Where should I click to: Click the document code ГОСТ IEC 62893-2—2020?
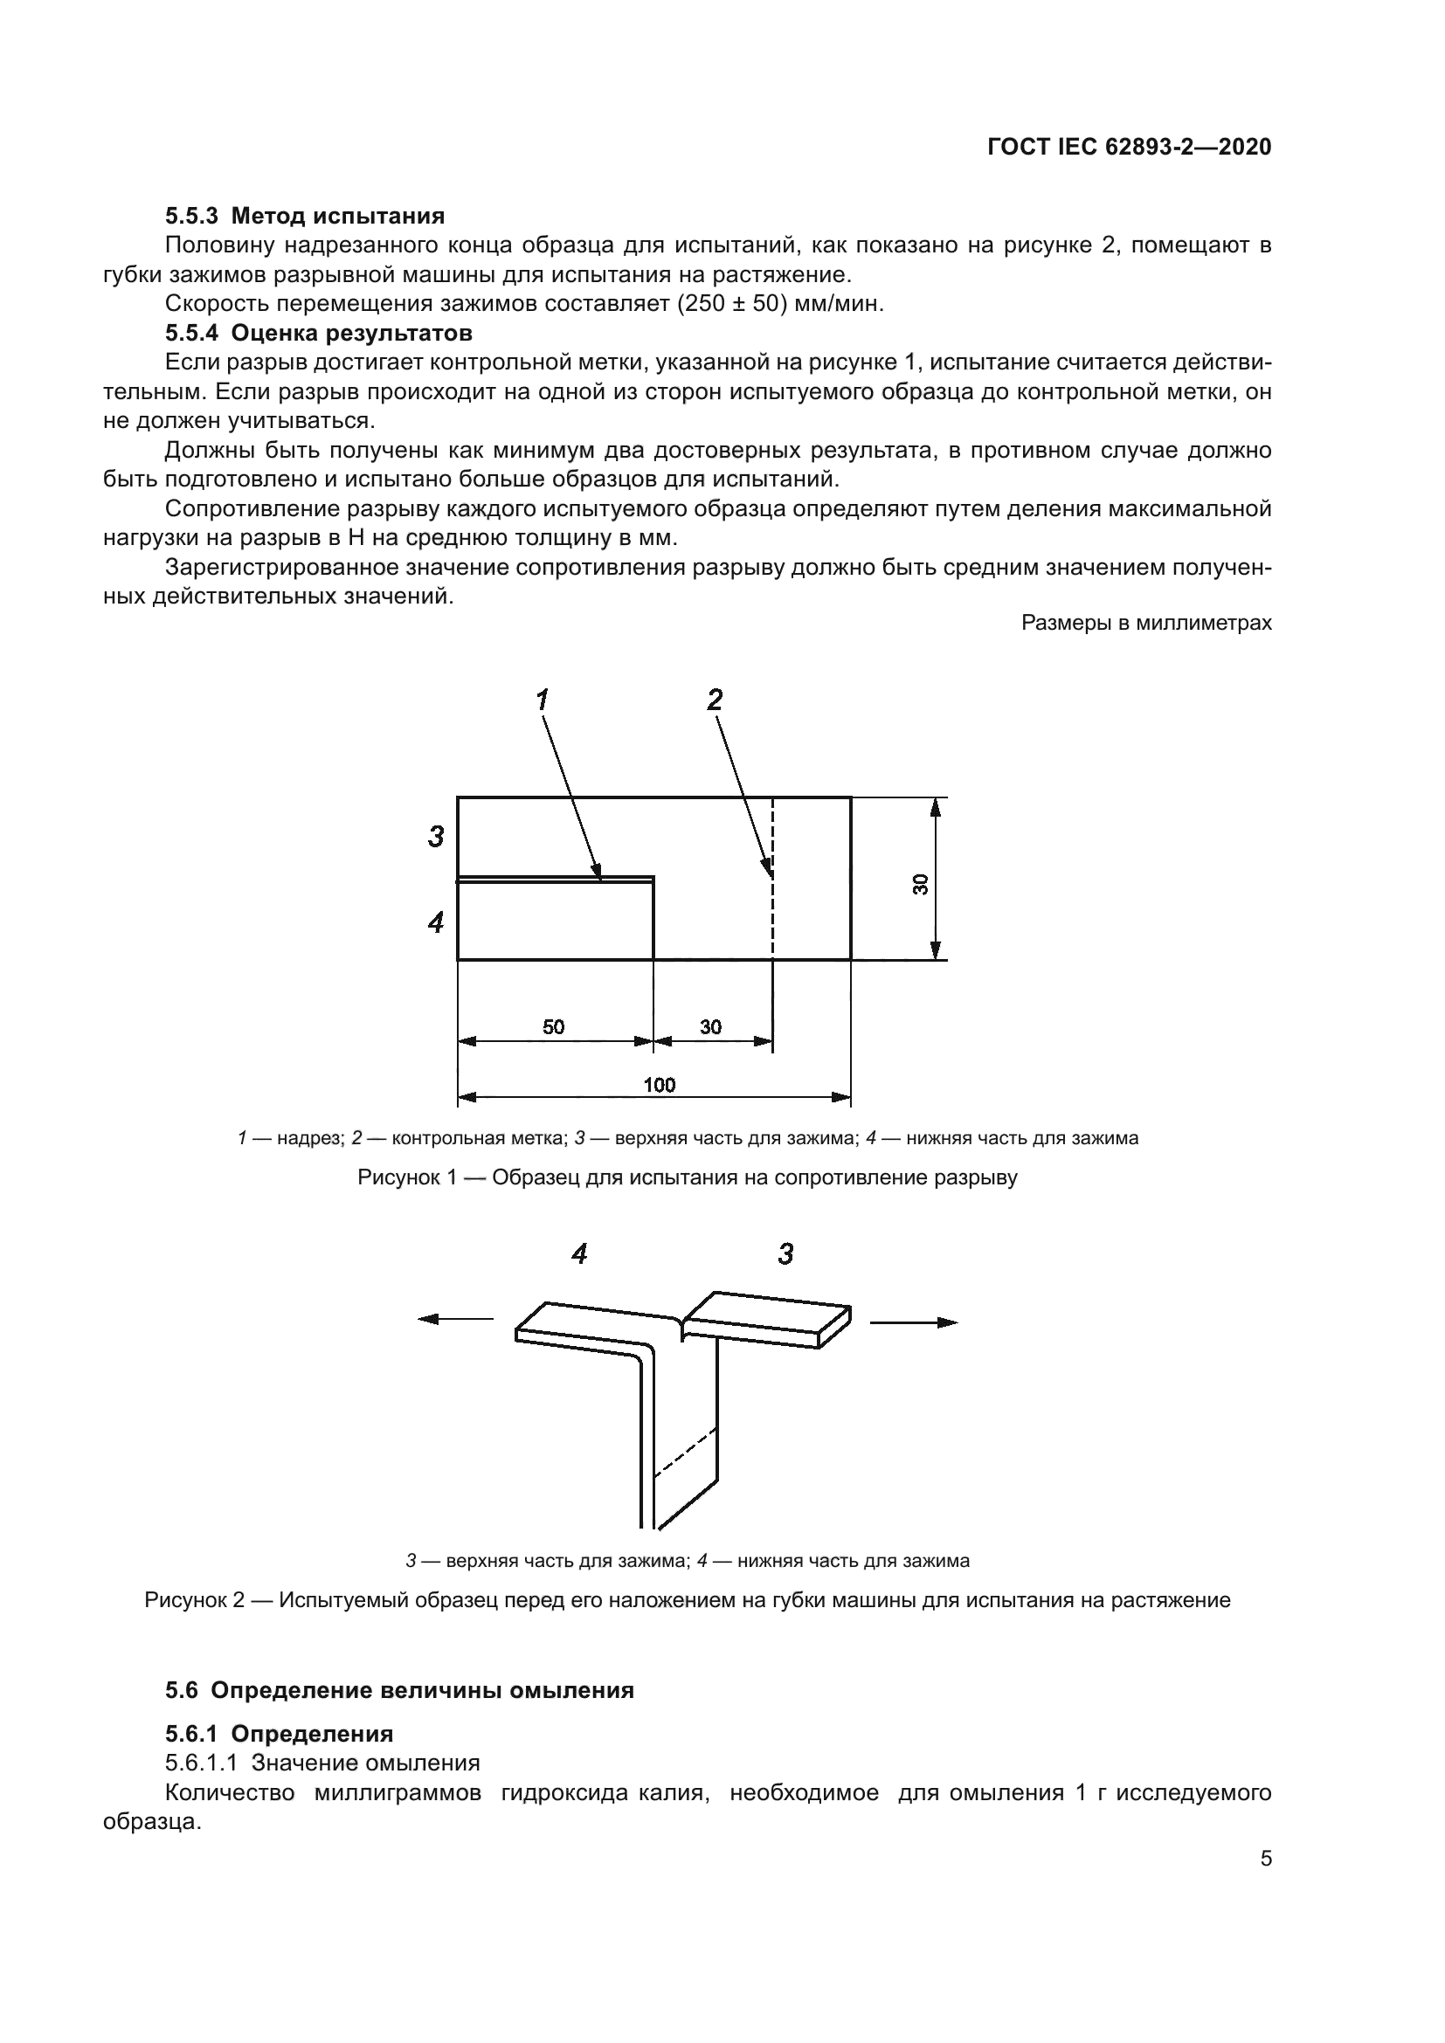(1128, 148)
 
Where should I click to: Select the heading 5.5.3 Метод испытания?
(304, 216)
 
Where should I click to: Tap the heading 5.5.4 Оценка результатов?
(319, 333)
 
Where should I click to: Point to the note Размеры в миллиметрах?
(1146, 623)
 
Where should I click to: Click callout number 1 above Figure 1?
(542, 701)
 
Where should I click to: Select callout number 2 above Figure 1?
(715, 701)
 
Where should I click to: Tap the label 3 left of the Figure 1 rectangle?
(436, 837)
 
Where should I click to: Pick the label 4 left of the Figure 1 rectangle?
(436, 921)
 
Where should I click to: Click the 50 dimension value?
(553, 1027)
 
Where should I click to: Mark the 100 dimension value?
(660, 1085)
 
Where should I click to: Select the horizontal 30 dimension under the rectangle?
(710, 1027)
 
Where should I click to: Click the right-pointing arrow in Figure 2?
(914, 1322)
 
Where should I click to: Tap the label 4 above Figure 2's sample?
(579, 1254)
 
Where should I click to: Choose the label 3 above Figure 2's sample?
(785, 1254)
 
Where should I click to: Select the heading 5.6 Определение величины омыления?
(399, 1691)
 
